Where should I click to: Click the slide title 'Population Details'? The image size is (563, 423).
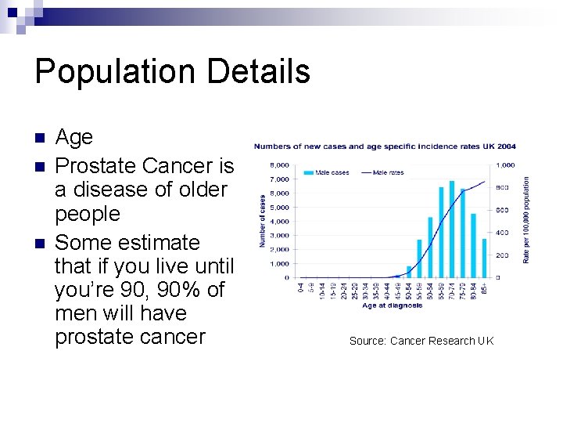tap(172, 72)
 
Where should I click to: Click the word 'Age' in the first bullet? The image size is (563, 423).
tap(74, 137)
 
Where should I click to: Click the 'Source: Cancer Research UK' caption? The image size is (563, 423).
tap(421, 341)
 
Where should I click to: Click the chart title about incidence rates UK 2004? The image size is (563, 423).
tap(384, 146)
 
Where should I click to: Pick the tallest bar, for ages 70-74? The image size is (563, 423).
tap(451, 229)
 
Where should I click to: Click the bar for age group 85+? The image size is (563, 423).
tap(484, 258)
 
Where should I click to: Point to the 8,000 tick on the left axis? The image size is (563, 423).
tap(279, 165)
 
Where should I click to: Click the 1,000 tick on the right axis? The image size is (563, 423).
tap(505, 165)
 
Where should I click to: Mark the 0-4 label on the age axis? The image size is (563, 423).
tap(301, 288)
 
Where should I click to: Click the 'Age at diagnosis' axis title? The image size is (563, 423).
tap(392, 305)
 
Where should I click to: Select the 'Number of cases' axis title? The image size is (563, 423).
tap(263, 222)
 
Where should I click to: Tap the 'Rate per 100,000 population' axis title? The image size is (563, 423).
tap(526, 219)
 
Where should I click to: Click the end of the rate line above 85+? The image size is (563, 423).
tap(485, 182)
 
